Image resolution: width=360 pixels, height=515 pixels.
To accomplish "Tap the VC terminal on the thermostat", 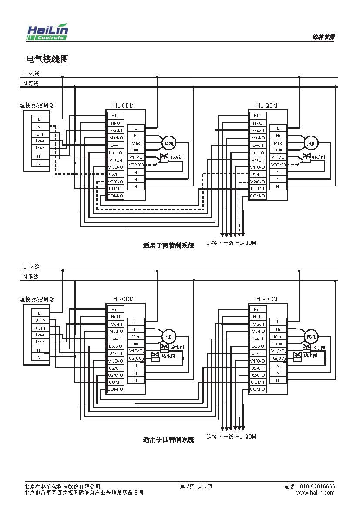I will click(40, 127).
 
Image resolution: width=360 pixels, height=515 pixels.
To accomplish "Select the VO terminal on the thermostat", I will click(40, 134).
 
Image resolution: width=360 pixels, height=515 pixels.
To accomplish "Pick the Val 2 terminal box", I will click(40, 320).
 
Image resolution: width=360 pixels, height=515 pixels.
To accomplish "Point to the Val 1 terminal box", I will click(40, 328).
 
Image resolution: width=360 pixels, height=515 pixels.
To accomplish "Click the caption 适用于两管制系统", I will click(168, 245).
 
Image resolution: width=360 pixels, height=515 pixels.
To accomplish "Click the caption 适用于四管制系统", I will click(168, 440).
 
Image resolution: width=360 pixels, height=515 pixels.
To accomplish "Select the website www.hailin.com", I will click(315, 492).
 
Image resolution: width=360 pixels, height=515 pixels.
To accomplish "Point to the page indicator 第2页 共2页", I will click(196, 486).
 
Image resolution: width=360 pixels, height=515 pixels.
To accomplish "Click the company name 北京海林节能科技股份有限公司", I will click(63, 486).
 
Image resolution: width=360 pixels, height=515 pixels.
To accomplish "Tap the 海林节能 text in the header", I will click(323, 37).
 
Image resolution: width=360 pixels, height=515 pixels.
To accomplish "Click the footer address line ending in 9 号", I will click(84, 492).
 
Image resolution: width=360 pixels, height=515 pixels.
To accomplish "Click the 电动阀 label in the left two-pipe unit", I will click(176, 157).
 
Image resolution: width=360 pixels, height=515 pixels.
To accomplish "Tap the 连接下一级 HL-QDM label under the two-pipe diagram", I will click(231, 243).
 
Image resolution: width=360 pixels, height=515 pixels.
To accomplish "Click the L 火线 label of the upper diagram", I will click(31, 74).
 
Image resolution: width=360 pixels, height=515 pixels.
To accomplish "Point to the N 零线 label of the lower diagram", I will click(31, 277).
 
